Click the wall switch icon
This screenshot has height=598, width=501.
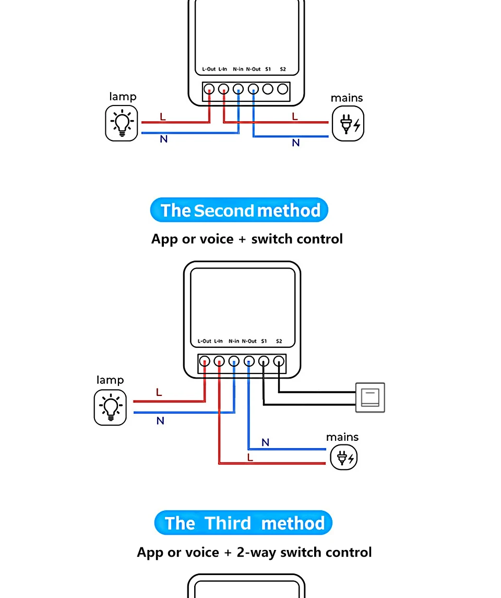pos(370,397)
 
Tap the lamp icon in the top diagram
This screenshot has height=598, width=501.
pos(122,123)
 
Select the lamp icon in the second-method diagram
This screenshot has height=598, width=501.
pos(110,407)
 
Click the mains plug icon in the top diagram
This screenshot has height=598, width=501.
pos(348,124)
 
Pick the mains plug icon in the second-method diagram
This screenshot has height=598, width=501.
pos(343,458)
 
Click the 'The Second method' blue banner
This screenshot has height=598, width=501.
pos(239,210)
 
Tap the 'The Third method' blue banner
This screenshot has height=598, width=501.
pos(243,523)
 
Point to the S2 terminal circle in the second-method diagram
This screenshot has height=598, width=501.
pos(279,361)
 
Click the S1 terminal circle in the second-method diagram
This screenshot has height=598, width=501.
pos(264,361)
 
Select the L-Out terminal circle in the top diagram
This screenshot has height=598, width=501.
pos(209,89)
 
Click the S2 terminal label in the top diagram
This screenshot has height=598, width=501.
pos(283,69)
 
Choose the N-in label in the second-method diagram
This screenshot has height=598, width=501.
pos(234,341)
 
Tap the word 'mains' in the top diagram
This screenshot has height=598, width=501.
pos(347,98)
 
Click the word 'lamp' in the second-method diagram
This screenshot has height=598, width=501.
pos(110,380)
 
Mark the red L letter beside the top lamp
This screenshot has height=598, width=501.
pos(163,116)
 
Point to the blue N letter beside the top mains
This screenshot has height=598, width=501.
pos(296,143)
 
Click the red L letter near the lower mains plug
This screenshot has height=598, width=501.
pos(250,458)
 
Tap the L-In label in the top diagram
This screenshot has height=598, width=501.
pos(222,69)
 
